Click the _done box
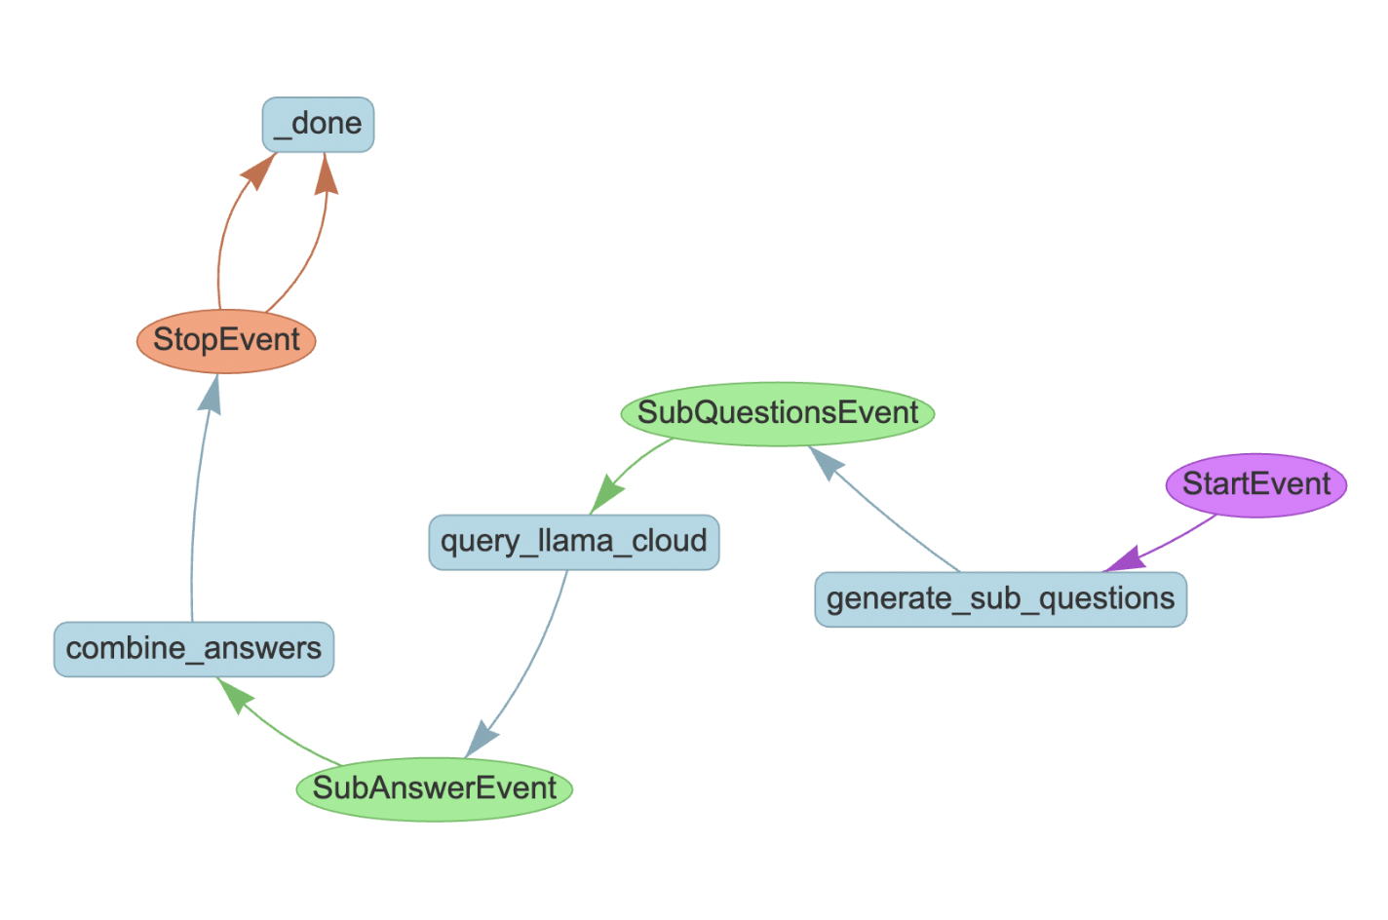318,125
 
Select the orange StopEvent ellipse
226,341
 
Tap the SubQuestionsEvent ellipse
778,414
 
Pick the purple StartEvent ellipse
1256,485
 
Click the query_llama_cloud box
574,542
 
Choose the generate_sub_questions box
1001,599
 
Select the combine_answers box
194,649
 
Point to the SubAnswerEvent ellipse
435,789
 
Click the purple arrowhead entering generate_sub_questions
1124,559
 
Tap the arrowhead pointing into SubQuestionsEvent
826,462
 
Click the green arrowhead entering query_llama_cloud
605,495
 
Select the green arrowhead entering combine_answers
234,694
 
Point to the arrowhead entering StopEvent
211,394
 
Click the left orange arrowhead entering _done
259,171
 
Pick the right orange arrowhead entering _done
326,174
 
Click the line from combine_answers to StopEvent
196,515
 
